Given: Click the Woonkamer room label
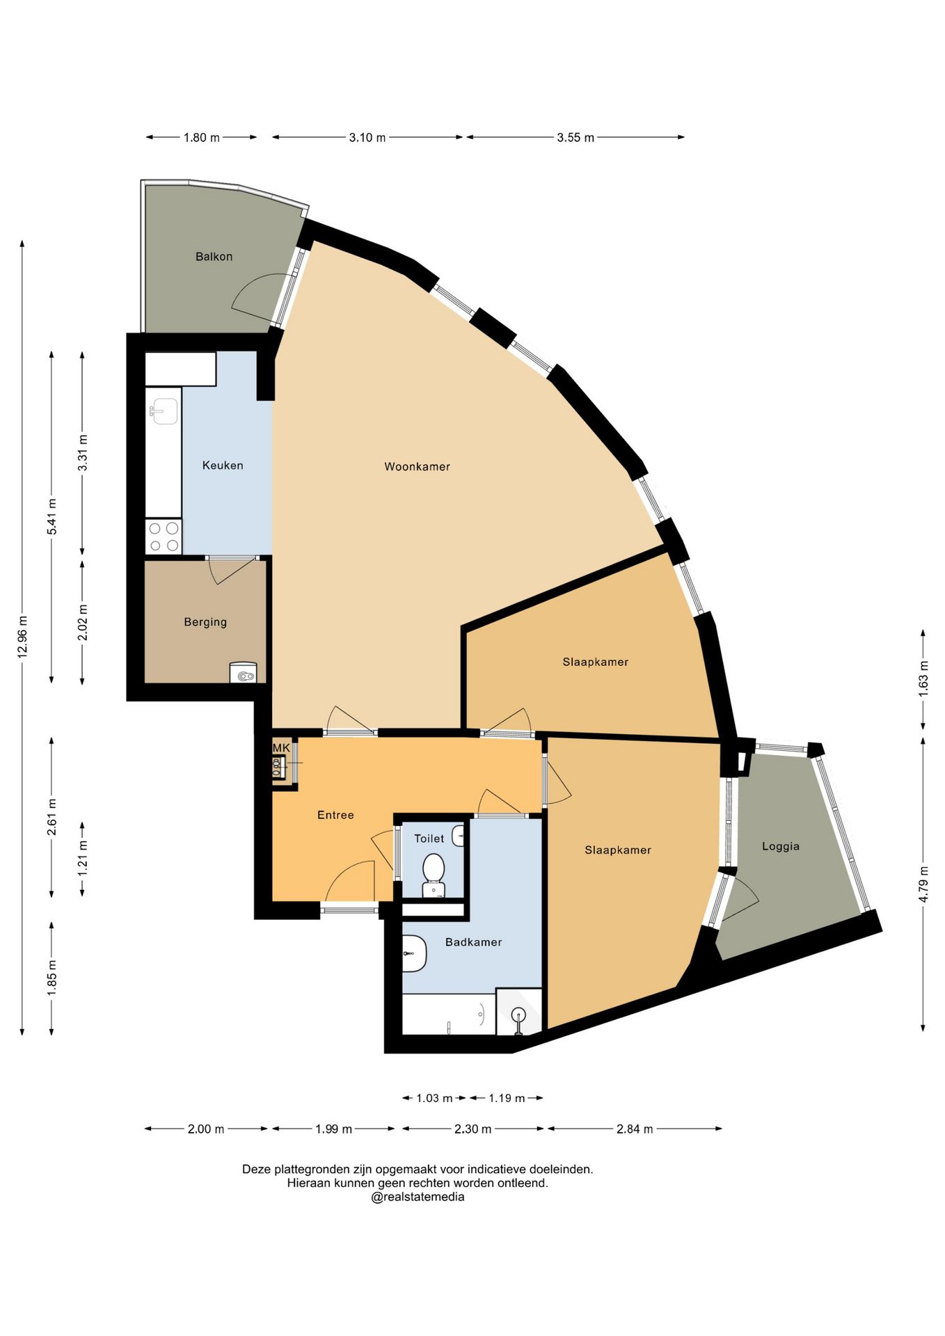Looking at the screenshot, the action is coord(417,466).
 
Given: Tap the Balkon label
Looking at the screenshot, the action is coord(214,256).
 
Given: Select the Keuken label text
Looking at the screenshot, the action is coord(223,465).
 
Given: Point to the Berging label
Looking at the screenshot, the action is coord(205,621).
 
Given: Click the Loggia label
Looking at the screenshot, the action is coord(781,846).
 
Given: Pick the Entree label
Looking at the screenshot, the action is coord(335,815).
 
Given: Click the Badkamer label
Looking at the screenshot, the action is coord(473,941).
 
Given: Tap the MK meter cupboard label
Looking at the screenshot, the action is coord(281,747).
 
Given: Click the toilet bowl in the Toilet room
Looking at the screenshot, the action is coord(434,875).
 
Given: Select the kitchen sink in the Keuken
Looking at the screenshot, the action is coord(164,411).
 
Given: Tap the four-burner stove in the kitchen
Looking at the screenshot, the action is coord(164,536).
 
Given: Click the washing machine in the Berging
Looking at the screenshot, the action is coord(244,673).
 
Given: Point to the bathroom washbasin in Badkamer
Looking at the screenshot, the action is coord(414,953).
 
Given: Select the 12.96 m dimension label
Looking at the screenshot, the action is coord(22,637).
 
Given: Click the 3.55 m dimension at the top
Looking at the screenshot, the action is coord(575,137).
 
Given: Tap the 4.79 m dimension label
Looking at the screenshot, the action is coord(923,884).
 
